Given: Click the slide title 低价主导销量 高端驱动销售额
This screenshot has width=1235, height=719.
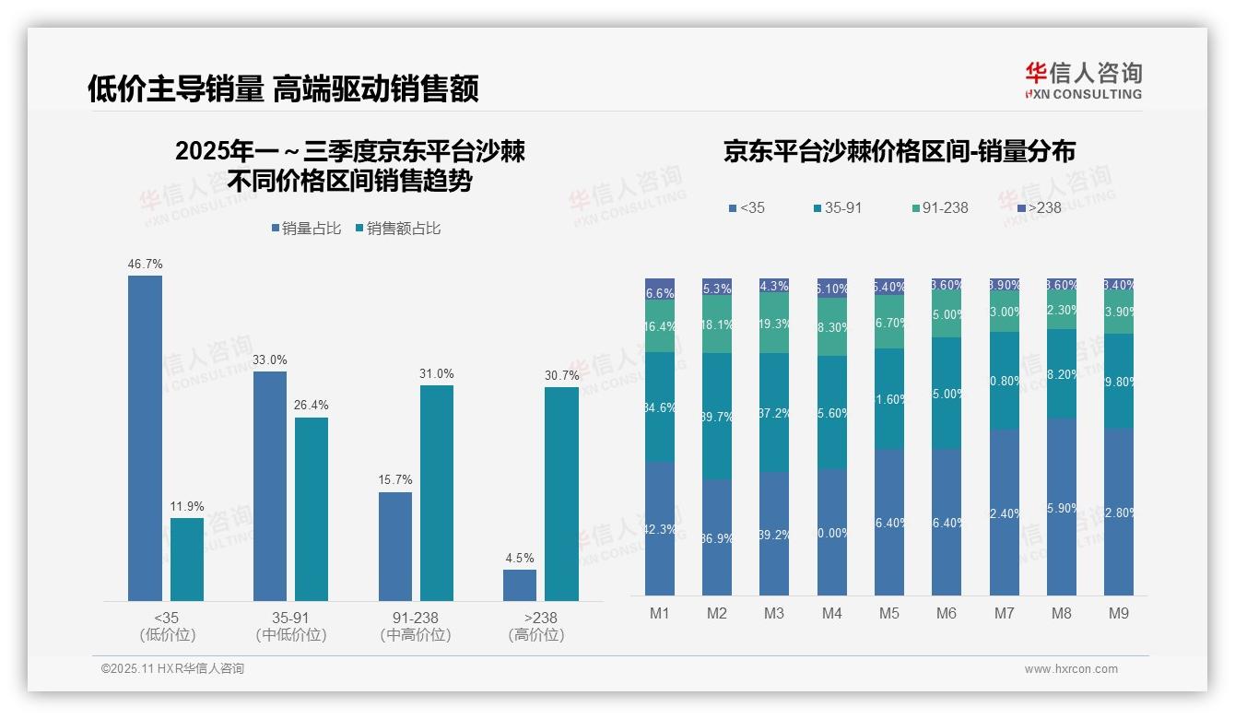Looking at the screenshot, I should tap(283, 88).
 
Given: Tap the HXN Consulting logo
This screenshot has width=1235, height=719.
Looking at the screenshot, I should tap(1083, 81).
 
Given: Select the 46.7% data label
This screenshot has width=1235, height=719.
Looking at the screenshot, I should tap(145, 264).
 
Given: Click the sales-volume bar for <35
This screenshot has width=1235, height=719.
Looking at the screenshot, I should tap(145, 438).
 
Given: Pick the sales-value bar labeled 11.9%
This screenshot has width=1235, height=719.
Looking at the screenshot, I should tap(187, 560).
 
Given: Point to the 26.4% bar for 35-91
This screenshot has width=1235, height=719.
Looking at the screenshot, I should tap(312, 509).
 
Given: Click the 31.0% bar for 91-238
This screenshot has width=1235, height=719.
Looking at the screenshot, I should tap(437, 493).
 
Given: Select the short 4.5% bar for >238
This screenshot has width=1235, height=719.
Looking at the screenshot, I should tap(520, 585).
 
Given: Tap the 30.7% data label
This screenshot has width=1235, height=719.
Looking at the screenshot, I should tap(562, 375).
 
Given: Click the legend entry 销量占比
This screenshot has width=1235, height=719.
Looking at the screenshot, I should tap(310, 228).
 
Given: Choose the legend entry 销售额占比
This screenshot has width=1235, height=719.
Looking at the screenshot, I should tap(397, 228).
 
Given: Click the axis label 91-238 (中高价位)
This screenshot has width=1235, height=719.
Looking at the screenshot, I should tap(416, 626).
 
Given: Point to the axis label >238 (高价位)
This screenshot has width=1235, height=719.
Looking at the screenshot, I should tap(536, 626).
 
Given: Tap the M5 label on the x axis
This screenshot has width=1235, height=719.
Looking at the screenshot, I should tap(888, 613).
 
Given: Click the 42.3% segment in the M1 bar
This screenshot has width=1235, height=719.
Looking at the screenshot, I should tap(660, 528).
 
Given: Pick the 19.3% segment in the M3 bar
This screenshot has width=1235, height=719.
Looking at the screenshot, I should tap(774, 324).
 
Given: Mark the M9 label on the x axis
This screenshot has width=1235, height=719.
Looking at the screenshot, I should tap(1118, 613).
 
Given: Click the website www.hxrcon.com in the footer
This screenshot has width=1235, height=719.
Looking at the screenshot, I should tap(1071, 669).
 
